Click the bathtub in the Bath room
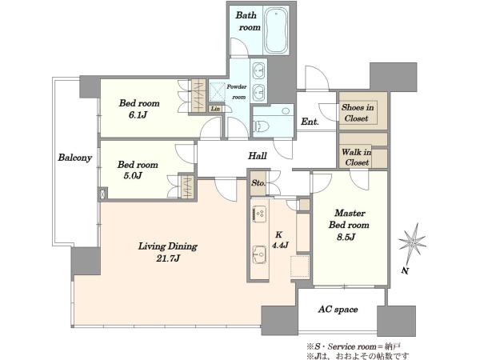276,30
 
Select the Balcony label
75,158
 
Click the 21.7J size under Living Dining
168,258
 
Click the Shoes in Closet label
358,113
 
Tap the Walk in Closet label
357,157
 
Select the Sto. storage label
258,183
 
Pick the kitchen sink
259,254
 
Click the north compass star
412,242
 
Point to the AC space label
338,309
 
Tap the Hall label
257,156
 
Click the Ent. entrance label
310,122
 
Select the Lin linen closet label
215,109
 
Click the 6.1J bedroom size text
138,115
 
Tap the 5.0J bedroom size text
133,176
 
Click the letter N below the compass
405,270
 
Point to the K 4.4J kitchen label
280,240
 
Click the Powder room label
237,91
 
